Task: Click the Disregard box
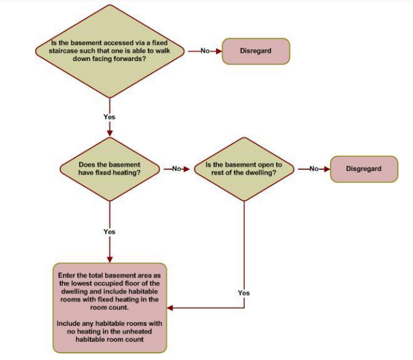pos(256,51)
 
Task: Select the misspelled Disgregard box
pos(364,169)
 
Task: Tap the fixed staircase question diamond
pos(110,51)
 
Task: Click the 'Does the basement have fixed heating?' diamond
pos(110,169)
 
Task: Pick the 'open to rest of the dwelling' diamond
pos(244,169)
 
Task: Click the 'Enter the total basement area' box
pos(110,308)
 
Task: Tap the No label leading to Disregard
pos(205,51)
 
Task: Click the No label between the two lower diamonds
pos(177,169)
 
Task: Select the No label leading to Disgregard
pos(314,169)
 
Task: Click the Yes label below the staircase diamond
pos(110,117)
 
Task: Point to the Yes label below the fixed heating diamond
pos(110,231)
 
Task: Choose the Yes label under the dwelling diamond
pos(244,293)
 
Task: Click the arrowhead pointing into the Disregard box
pos(219,51)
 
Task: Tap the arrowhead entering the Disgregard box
pos(327,169)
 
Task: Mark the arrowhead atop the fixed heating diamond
pos(110,134)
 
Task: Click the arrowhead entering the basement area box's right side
pos(170,308)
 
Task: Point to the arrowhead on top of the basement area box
pos(110,260)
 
